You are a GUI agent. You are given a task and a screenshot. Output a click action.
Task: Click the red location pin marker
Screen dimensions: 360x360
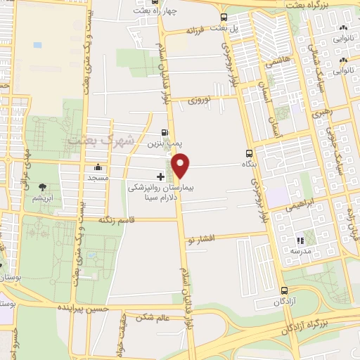coord(181,165)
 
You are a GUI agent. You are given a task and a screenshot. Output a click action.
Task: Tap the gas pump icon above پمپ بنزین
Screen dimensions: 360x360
coord(165,131)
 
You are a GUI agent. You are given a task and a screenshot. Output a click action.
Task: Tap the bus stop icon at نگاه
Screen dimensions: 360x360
coord(249,154)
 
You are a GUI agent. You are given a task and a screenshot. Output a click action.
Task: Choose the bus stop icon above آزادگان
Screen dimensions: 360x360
coord(283,290)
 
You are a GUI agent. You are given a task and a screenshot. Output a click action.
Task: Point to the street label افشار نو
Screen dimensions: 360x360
coord(201,240)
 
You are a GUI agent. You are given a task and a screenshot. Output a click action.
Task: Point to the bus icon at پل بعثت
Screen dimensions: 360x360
coord(224,18)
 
